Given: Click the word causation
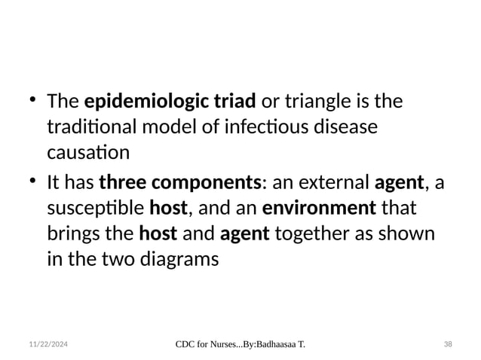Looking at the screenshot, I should click(87, 153).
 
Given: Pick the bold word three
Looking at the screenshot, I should click(122, 182).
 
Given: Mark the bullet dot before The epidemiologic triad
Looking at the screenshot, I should click(32, 100).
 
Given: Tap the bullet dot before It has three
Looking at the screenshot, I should click(32, 182).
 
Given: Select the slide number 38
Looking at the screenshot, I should click(448, 344).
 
